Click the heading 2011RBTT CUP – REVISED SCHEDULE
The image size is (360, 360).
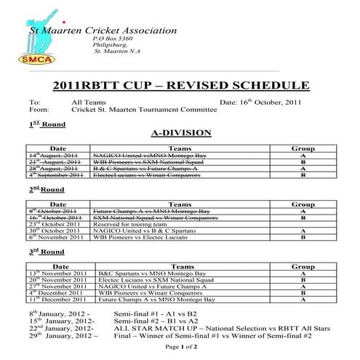[x=180, y=86]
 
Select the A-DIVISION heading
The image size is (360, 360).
[x=180, y=133]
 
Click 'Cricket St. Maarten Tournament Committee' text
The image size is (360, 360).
[x=144, y=111]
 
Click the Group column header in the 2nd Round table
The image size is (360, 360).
[x=302, y=205]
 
